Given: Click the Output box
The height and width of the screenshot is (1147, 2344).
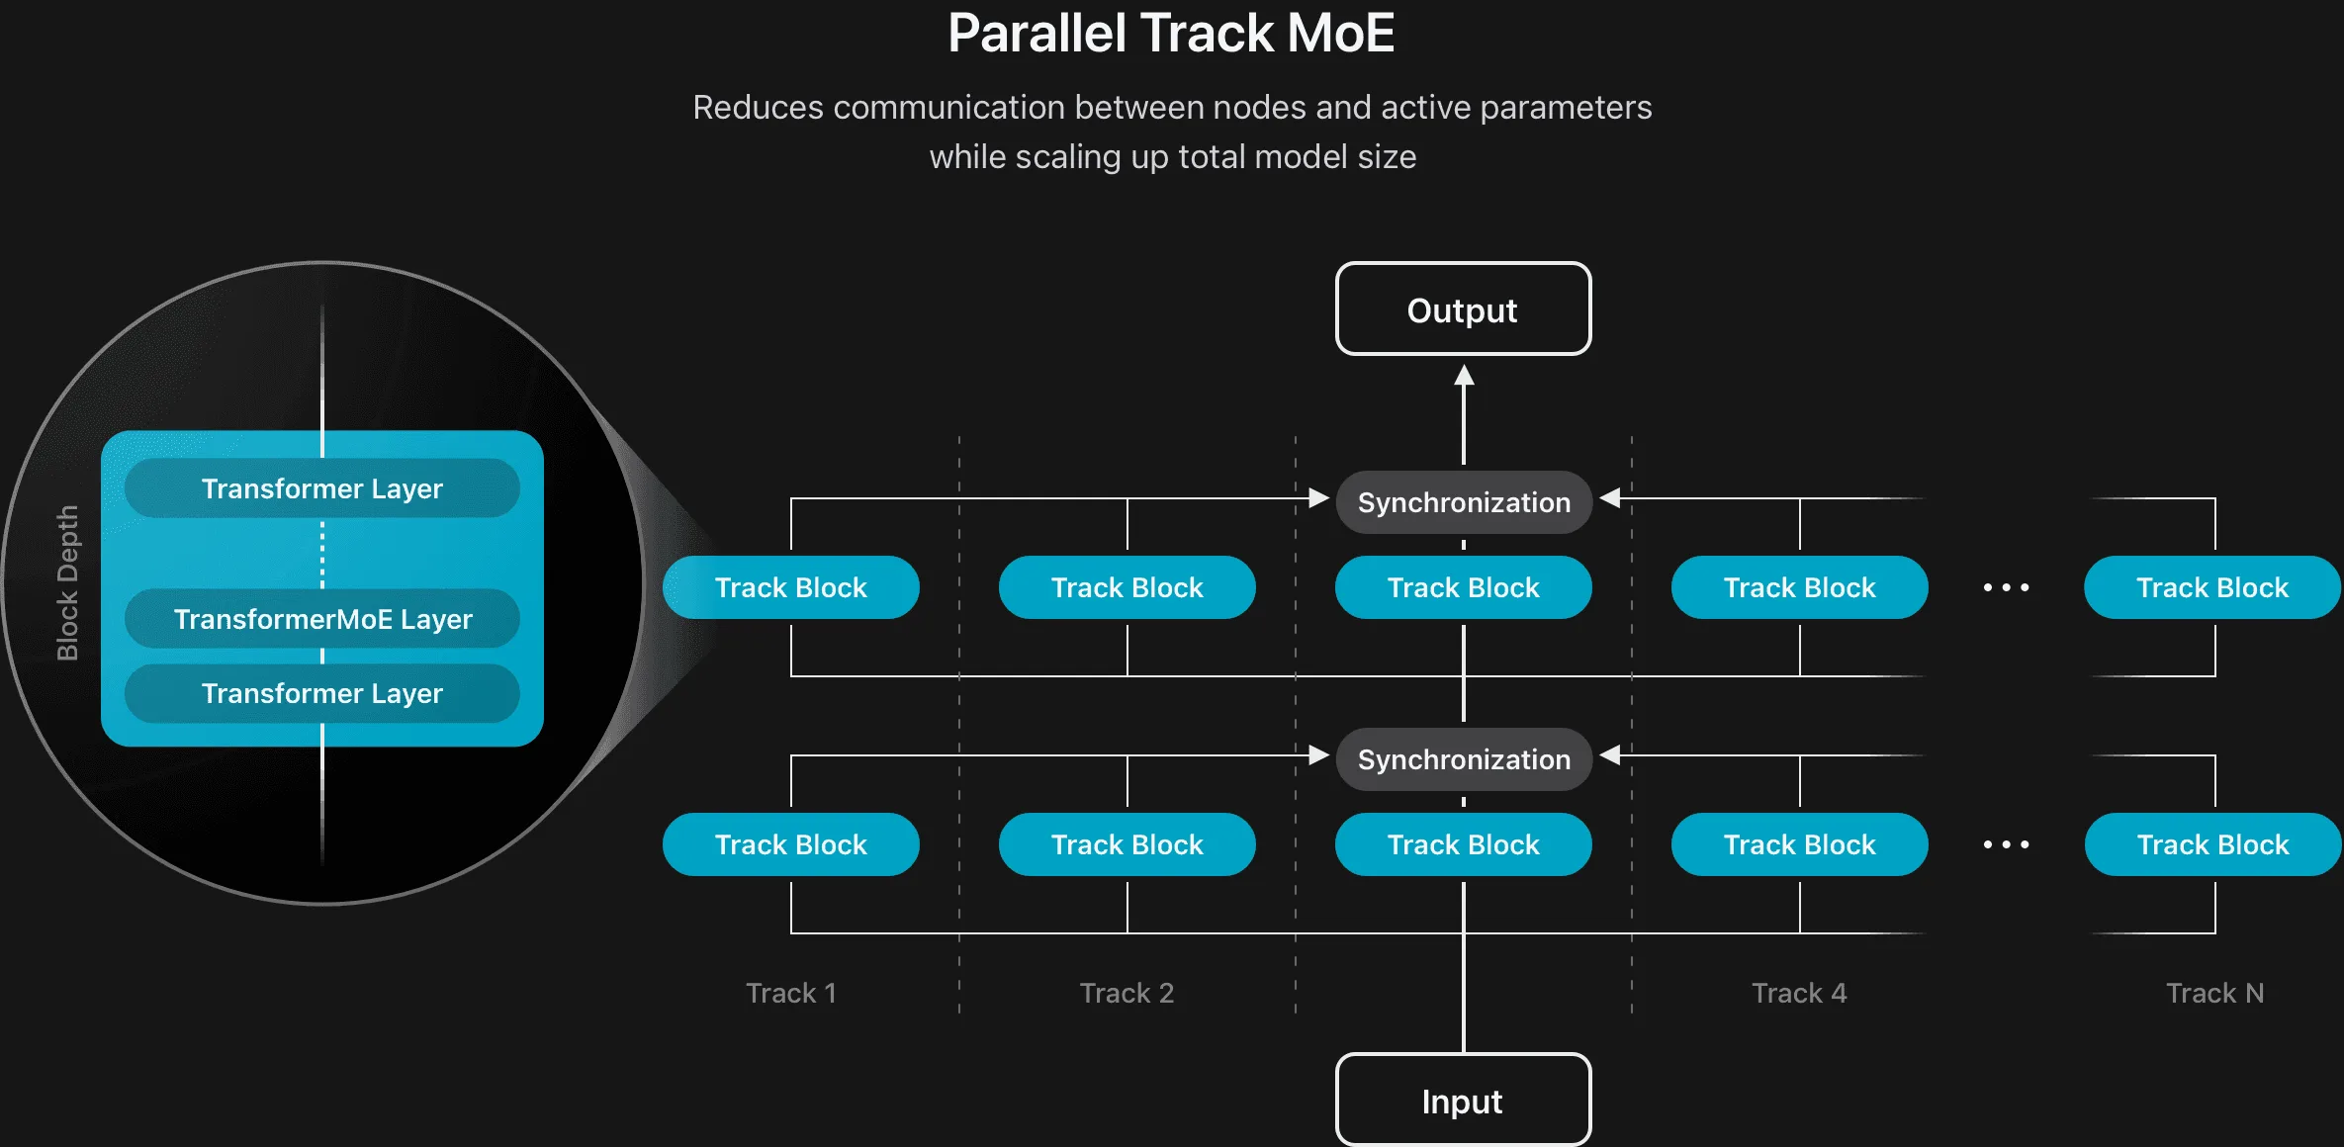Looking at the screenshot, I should pyautogui.click(x=1463, y=309).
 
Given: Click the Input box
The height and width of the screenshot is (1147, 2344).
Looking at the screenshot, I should pyautogui.click(x=1463, y=1101).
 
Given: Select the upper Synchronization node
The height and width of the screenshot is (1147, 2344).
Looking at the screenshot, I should pyautogui.click(x=1464, y=502).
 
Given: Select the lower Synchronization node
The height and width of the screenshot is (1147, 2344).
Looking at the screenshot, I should pyautogui.click(x=1464, y=759).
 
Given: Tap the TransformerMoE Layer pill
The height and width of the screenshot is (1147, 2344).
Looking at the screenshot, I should pyautogui.click(x=322, y=619).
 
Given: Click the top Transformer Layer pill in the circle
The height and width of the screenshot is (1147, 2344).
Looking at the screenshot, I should pyautogui.click(x=322, y=488).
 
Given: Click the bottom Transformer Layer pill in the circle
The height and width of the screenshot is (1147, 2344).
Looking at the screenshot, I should pyautogui.click(x=322, y=693).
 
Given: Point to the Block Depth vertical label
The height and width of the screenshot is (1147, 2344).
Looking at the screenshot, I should pyautogui.click(x=67, y=582).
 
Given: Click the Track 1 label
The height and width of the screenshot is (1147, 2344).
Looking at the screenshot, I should pyautogui.click(x=791, y=993).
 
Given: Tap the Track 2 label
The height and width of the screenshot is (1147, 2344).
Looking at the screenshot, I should pyautogui.click(x=1127, y=993).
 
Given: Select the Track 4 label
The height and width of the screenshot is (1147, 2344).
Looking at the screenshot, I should pyautogui.click(x=1799, y=993).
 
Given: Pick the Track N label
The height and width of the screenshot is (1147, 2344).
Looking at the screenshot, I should pyautogui.click(x=2214, y=993).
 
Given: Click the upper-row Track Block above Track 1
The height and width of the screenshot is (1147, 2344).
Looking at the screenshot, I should pyautogui.click(x=791, y=587).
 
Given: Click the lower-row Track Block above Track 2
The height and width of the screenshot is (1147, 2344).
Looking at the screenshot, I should pyautogui.click(x=1127, y=844).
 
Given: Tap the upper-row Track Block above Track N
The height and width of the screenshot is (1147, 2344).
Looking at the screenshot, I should pyautogui.click(x=2212, y=587).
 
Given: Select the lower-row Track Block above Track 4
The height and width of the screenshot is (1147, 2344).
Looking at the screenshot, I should pyautogui.click(x=1799, y=844).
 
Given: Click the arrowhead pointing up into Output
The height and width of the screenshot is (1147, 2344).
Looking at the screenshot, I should pyautogui.click(x=1464, y=376).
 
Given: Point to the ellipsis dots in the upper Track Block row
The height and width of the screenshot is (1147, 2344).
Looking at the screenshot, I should pyautogui.click(x=2006, y=587).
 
